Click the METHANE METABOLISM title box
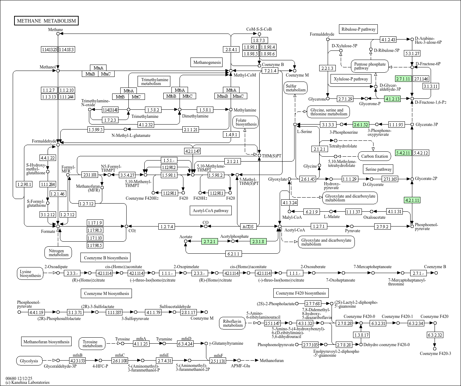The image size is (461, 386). pyautogui.click(x=46, y=21)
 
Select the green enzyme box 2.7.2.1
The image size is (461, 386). pyautogui.click(x=210, y=241)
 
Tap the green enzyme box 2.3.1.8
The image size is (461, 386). pyautogui.click(x=259, y=241)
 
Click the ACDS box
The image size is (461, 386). pyautogui.click(x=248, y=227)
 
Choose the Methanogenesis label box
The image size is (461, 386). pyautogui.click(x=207, y=62)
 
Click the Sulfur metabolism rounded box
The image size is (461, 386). pyautogui.click(x=296, y=88)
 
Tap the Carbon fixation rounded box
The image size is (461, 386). pyautogui.click(x=374, y=156)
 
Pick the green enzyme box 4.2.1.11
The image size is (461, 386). pyautogui.click(x=412, y=200)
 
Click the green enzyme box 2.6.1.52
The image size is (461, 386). pyautogui.click(x=361, y=125)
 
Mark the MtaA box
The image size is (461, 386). pyautogui.click(x=98, y=68)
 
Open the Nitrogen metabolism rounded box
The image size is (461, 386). pyautogui.click(x=59, y=253)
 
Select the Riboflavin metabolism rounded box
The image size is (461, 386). pyautogui.click(x=233, y=323)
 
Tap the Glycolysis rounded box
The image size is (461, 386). pyautogui.click(x=29, y=361)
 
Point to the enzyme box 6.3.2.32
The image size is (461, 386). pyautogui.click(x=435, y=335)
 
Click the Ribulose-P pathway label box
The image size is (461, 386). pyautogui.click(x=358, y=29)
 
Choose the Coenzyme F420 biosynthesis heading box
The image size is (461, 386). pyautogui.click(x=301, y=293)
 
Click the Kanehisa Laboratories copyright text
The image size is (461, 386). pyautogui.click(x=28, y=382)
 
